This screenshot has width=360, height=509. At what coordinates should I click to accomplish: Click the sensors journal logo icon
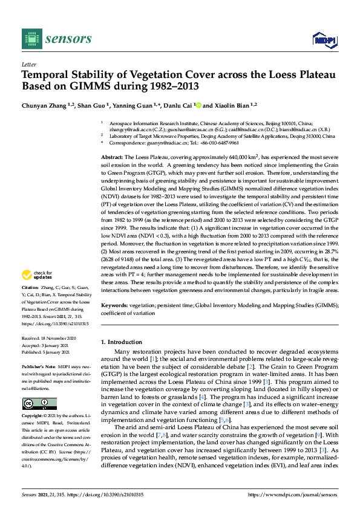click(x=31, y=39)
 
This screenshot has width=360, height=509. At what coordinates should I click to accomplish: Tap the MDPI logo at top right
click(x=323, y=39)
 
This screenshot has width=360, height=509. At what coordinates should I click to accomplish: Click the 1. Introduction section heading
click(x=121, y=342)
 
